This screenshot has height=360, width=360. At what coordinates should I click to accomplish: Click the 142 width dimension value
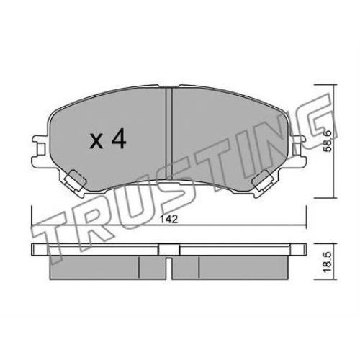tap(169, 219)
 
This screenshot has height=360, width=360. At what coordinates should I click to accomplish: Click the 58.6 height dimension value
tap(327, 141)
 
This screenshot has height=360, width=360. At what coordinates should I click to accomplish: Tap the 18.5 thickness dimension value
tap(328, 262)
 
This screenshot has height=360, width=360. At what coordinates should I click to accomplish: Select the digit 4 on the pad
tap(118, 138)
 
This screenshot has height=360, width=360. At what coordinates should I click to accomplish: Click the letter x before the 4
tap(96, 142)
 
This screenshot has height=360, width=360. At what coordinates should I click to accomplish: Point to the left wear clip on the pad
tap(74, 181)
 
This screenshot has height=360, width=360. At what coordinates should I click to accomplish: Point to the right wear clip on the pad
tap(263, 181)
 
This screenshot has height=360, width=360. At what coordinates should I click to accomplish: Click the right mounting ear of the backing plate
tap(298, 149)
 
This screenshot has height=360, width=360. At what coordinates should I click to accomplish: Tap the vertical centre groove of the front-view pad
tap(169, 134)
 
